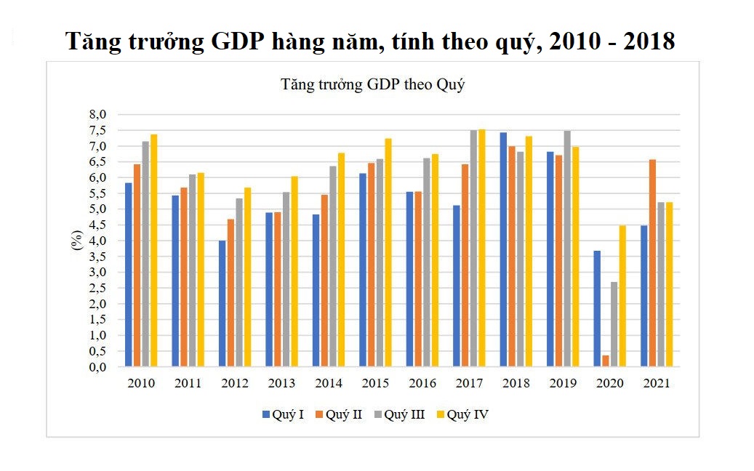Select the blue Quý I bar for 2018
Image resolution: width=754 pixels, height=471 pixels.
[x=504, y=249]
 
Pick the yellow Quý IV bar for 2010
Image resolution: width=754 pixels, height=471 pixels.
[x=154, y=250]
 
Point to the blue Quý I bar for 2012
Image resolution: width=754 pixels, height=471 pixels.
[x=222, y=303]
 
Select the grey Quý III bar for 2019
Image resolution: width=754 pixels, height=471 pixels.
[x=567, y=249]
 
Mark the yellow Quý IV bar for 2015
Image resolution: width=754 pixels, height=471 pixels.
[x=389, y=252]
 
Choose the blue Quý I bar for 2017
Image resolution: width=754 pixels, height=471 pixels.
[x=457, y=286]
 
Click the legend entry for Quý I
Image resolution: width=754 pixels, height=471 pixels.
[x=284, y=414]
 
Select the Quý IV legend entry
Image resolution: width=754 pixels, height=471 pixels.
[x=462, y=414]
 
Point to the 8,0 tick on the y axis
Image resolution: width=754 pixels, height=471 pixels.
[x=98, y=115]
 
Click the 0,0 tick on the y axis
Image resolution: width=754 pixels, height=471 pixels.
[x=98, y=367]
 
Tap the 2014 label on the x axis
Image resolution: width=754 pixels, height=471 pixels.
[x=329, y=383]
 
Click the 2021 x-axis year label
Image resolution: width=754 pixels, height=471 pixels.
[x=657, y=383]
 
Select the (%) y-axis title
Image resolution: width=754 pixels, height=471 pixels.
[x=77, y=241]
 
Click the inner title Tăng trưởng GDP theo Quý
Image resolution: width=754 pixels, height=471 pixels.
[x=373, y=84]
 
